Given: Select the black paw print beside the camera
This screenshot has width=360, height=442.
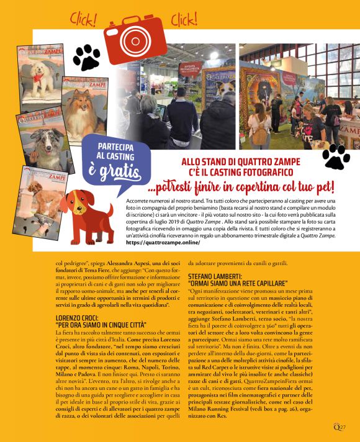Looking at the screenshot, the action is (86, 57).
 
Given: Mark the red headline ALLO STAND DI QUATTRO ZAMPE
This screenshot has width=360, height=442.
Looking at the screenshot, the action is (239, 161).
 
